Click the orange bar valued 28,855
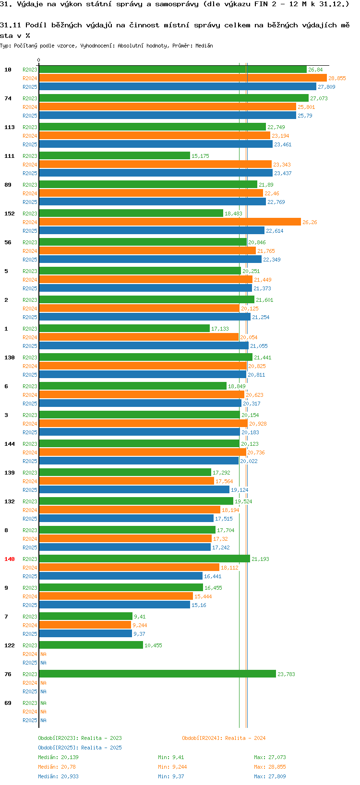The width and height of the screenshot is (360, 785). pyautogui.click(x=182, y=78)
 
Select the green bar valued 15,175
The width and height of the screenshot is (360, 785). pyautogui.click(x=114, y=156)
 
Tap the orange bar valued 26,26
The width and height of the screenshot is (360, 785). pyautogui.click(x=169, y=222)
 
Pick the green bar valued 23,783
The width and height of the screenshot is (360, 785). pyautogui.click(x=157, y=674)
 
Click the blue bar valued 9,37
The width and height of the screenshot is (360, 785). pyautogui.click(x=85, y=634)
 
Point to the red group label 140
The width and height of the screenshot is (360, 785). pyautogui.click(x=10, y=559)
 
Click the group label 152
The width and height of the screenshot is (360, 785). pyautogui.click(x=10, y=214)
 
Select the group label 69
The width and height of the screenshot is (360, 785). pyautogui.click(x=8, y=703)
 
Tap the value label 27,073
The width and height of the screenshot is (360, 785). pyautogui.click(x=319, y=98)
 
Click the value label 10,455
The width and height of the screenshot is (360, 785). pyautogui.click(x=153, y=645)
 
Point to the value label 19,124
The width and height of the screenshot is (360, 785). pyautogui.click(x=240, y=490)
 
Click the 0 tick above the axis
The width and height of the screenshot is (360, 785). pyautogui.click(x=38, y=60)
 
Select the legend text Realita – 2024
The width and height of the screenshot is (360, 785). pyautogui.click(x=245, y=738)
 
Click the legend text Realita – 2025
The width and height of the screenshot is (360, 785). pyautogui.click(x=101, y=748)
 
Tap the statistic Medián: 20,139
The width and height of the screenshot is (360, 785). pyautogui.click(x=58, y=757)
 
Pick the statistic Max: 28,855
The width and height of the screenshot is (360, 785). pyautogui.click(x=270, y=767)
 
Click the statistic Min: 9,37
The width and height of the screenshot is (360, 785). pyautogui.click(x=171, y=776)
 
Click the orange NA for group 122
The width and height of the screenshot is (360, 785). pyautogui.click(x=43, y=654)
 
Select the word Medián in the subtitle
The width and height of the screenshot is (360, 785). pyautogui.click(x=204, y=46)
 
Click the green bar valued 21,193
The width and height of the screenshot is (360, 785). pyautogui.click(x=144, y=559)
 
